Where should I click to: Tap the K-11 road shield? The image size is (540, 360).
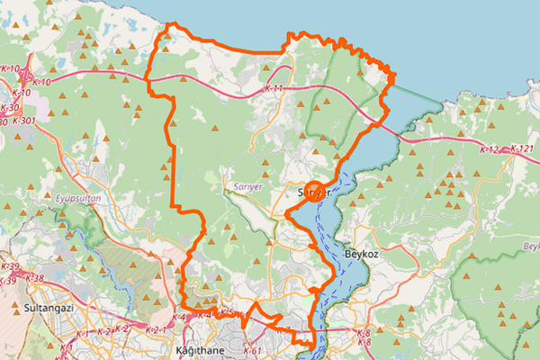tap(274, 89)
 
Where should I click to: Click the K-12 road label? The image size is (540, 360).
tap(490, 148)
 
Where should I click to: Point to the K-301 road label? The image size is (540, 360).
tap(25, 121)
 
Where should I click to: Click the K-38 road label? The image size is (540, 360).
tap(34, 278)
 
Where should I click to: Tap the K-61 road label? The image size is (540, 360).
tap(251, 350)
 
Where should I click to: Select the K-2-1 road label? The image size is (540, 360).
tap(155, 330)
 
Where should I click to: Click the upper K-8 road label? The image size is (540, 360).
tap(364, 332)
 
